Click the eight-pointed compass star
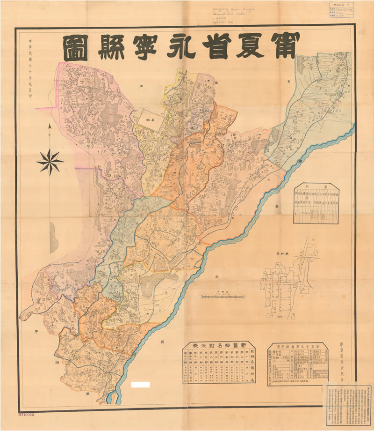pyautogui.click(x=50, y=161)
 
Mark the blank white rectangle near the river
pyautogui.click(x=141, y=385)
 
